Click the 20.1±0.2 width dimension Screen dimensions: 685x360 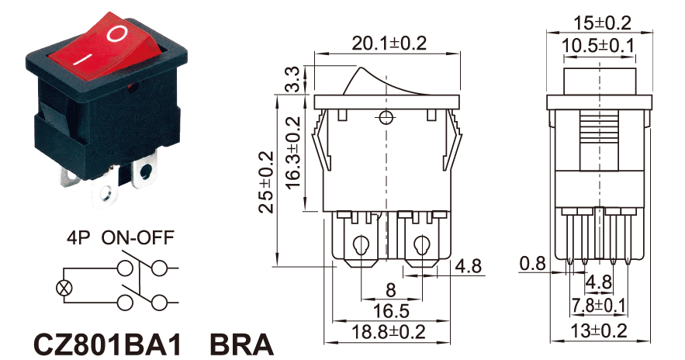tap(389, 43)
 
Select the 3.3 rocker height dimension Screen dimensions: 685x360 tap(295, 79)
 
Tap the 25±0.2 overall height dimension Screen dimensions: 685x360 tap(267, 182)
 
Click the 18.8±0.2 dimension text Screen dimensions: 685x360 tap(389, 332)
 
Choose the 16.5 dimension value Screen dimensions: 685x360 tap(391, 311)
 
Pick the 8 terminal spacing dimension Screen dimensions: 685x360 tap(391, 290)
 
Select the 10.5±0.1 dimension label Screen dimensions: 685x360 tap(597, 46)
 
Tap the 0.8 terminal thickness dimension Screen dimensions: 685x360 tap(532, 264)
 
